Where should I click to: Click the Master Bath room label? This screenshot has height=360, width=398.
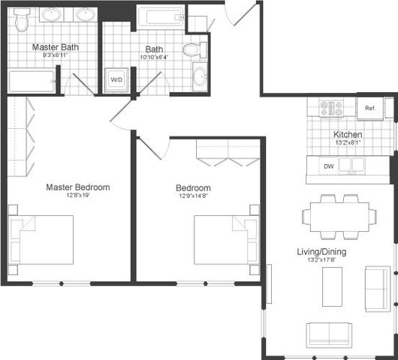point(55,47)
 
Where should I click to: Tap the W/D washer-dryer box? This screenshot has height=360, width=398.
point(117,80)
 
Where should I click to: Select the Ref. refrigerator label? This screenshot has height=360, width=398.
point(369,109)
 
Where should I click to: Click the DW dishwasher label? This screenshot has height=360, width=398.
point(328,165)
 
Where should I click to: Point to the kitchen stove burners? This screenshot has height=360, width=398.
point(332,107)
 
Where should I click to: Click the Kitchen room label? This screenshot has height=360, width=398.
point(348,135)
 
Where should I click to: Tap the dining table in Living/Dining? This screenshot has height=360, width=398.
point(339,216)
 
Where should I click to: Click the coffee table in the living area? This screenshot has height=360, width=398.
point(332,286)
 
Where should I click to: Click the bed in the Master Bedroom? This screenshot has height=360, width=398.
point(44,239)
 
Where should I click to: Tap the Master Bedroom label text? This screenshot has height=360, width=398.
point(77,187)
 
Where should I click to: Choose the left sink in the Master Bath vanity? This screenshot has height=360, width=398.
point(53,15)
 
